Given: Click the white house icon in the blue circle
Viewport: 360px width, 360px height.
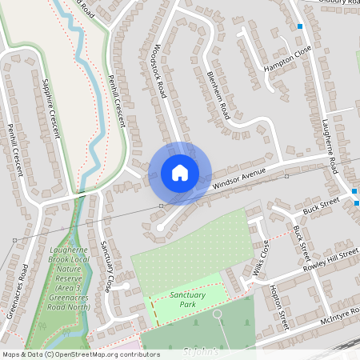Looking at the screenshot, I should [180, 173].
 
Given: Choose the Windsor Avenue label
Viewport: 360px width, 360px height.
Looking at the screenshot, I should [238, 177].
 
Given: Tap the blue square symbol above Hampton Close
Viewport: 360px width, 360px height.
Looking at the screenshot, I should [300, 26].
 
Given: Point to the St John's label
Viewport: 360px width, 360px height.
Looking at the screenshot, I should [201, 351].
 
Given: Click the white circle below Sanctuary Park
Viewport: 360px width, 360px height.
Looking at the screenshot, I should [218, 313].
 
